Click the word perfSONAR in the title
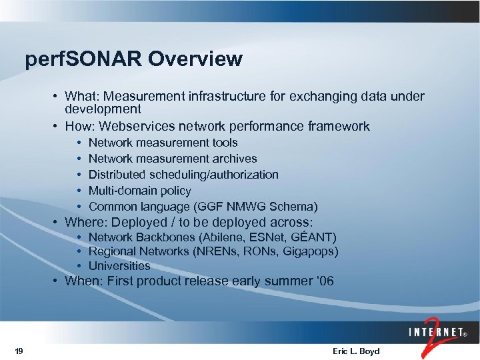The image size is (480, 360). tap(83, 59)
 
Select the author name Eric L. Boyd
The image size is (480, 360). tap(355, 351)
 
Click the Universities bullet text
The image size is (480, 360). tap(119, 265)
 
